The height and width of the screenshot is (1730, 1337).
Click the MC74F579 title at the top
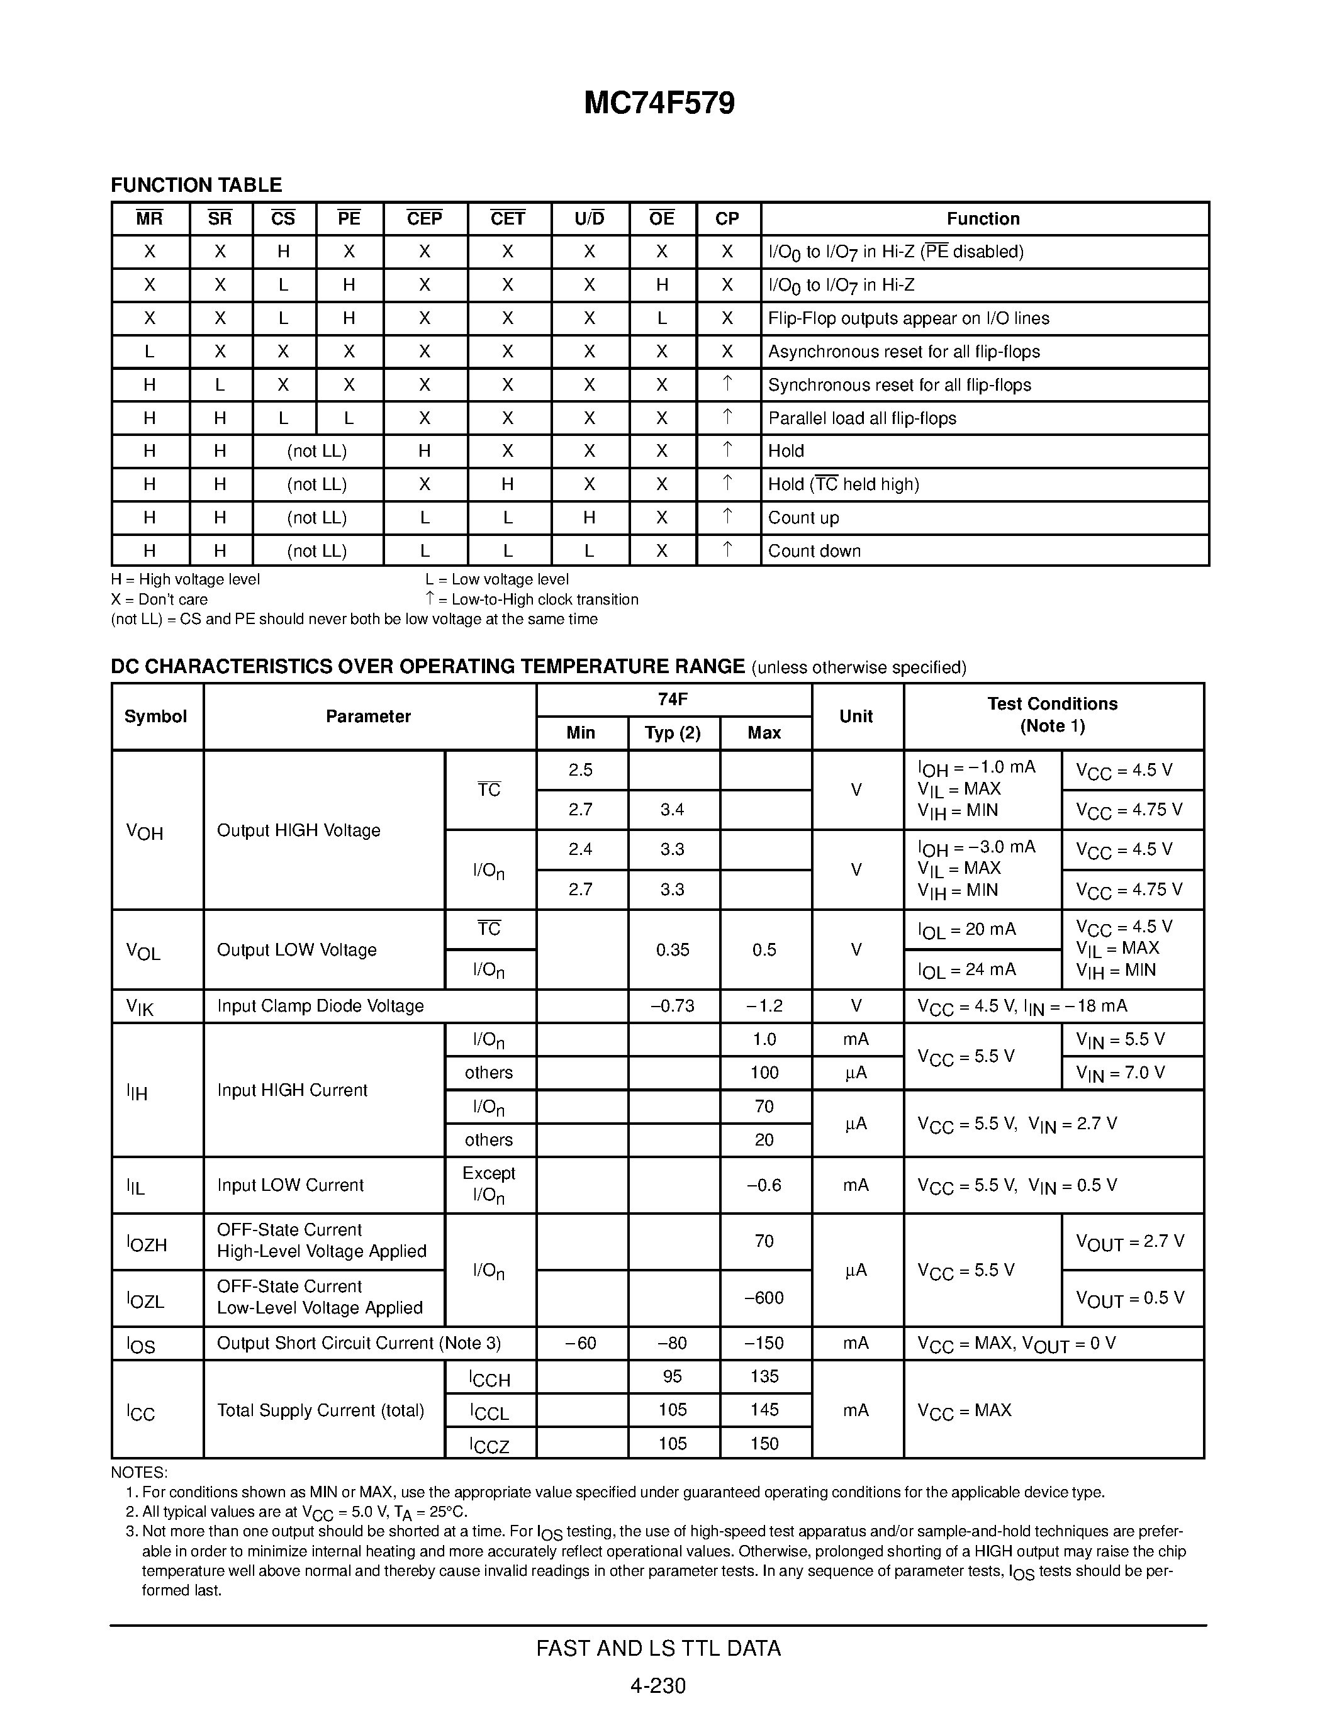pos(659,104)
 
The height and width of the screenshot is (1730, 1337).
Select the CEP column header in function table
pos(425,219)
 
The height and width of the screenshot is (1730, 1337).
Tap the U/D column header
pos(590,219)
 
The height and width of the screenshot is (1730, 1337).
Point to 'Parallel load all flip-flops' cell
pos(862,418)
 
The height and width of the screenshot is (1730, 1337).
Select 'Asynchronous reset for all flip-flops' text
pos(903,352)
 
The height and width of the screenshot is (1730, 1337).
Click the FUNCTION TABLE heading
pos(196,186)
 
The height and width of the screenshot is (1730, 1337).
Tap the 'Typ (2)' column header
pos(673,733)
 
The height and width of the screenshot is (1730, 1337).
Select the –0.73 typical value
pos(673,1006)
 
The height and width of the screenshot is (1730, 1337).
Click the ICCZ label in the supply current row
pos(489,1445)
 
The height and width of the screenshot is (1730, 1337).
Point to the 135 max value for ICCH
pos(764,1376)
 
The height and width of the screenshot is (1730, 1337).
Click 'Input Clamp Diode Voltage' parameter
pos(320,1006)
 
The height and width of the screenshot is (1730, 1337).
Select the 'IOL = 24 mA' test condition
pos(966,969)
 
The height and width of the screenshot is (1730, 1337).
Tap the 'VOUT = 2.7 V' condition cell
pos(1129,1241)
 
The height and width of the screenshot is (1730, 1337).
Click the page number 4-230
pos(657,1685)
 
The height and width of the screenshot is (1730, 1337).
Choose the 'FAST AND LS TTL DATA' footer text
pos(658,1648)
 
